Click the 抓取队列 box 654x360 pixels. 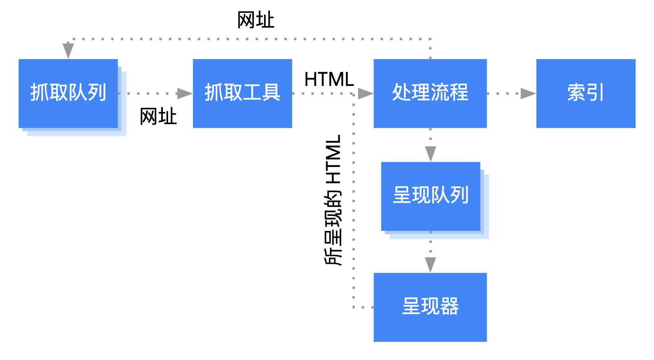[68, 93]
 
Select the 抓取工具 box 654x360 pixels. [242, 93]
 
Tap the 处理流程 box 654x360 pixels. [430, 93]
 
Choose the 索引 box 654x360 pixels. [585, 93]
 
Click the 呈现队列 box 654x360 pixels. [430, 196]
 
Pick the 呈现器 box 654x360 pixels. [430, 307]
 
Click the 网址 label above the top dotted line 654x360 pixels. [256, 20]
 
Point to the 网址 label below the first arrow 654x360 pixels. [158, 117]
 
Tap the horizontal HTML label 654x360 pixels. [329, 79]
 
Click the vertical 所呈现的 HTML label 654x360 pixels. [333, 200]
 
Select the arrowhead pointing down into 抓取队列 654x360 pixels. [68, 50]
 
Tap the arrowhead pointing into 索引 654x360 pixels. [528, 93]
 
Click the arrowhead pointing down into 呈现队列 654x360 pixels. [430, 154]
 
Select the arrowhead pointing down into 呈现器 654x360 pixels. [430, 265]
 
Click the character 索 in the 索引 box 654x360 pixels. [576, 93]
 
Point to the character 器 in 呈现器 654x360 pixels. [449, 307]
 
